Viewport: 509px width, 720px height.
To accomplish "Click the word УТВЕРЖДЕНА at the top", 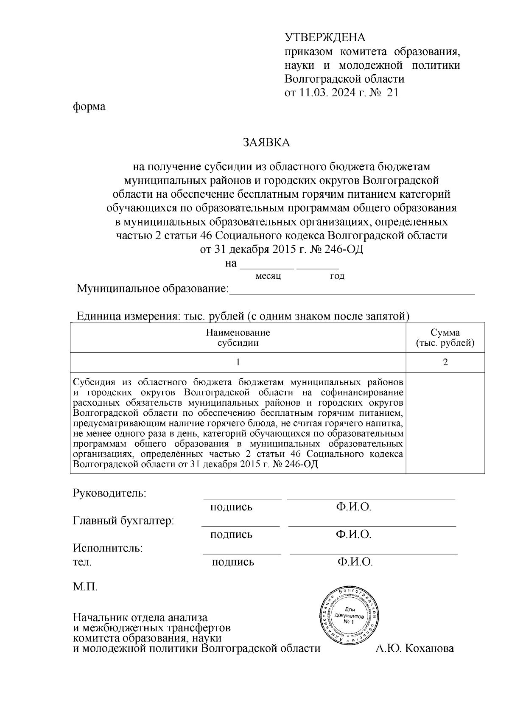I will pyautogui.click(x=324, y=38).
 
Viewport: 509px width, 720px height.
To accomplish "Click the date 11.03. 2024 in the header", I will pyautogui.click(x=333, y=92).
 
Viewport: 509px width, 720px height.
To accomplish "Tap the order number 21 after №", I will pyautogui.click(x=392, y=92).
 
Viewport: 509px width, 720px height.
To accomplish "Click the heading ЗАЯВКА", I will pyautogui.click(x=266, y=143).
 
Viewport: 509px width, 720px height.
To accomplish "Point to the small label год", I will pyautogui.click(x=337, y=276).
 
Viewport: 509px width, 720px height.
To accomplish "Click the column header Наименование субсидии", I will pyautogui.click(x=238, y=338).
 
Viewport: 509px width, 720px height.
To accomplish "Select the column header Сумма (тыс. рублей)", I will pyautogui.click(x=445, y=338).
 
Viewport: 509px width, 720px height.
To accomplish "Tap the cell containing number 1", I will pyautogui.click(x=238, y=362).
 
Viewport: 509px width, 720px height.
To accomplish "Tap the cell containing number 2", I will pyautogui.click(x=445, y=362).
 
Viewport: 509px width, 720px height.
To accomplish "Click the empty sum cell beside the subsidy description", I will pyautogui.click(x=445, y=423).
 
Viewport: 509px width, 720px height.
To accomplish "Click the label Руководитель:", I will pyautogui.click(x=110, y=493).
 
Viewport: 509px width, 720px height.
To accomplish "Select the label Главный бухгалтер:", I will pyautogui.click(x=123, y=521).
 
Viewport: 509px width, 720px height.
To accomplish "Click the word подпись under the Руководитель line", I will pyautogui.click(x=231, y=507).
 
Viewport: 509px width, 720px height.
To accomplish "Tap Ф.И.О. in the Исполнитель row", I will pyautogui.click(x=355, y=562).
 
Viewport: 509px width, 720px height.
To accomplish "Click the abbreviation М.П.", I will pyautogui.click(x=85, y=587).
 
